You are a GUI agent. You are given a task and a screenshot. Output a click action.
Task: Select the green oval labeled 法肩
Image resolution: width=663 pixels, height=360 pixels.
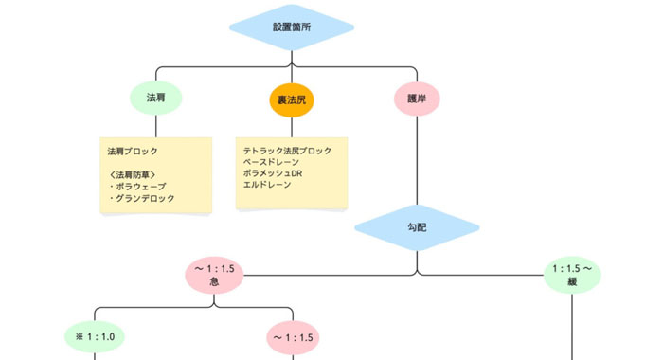tap(156, 99)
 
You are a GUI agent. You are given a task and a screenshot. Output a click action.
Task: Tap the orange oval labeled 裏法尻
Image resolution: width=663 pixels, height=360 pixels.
tap(292, 99)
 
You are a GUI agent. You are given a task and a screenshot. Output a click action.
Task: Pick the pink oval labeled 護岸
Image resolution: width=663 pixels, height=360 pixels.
tap(417, 99)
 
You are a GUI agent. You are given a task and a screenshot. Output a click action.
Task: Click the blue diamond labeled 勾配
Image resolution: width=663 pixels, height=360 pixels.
tap(417, 228)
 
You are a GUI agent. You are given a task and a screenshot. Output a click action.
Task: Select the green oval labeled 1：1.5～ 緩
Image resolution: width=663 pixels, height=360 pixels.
tap(573, 276)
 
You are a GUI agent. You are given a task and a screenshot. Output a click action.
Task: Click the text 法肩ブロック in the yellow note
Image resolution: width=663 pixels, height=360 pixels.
tap(133, 152)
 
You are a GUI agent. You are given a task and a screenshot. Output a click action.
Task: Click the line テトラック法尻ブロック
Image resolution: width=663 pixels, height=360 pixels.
tap(288, 152)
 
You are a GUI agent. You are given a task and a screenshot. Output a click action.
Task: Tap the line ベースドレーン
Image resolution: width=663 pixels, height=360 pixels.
tap(271, 163)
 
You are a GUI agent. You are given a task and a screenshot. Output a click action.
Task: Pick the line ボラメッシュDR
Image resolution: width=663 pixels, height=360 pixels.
tap(273, 174)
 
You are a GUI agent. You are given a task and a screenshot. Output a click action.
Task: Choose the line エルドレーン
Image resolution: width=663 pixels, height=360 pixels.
tap(267, 186)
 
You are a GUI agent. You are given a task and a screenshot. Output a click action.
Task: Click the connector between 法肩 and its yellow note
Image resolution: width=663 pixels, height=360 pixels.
tap(156, 126)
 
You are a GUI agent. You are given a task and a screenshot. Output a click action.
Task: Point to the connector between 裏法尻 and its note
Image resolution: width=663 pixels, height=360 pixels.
tap(292, 127)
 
